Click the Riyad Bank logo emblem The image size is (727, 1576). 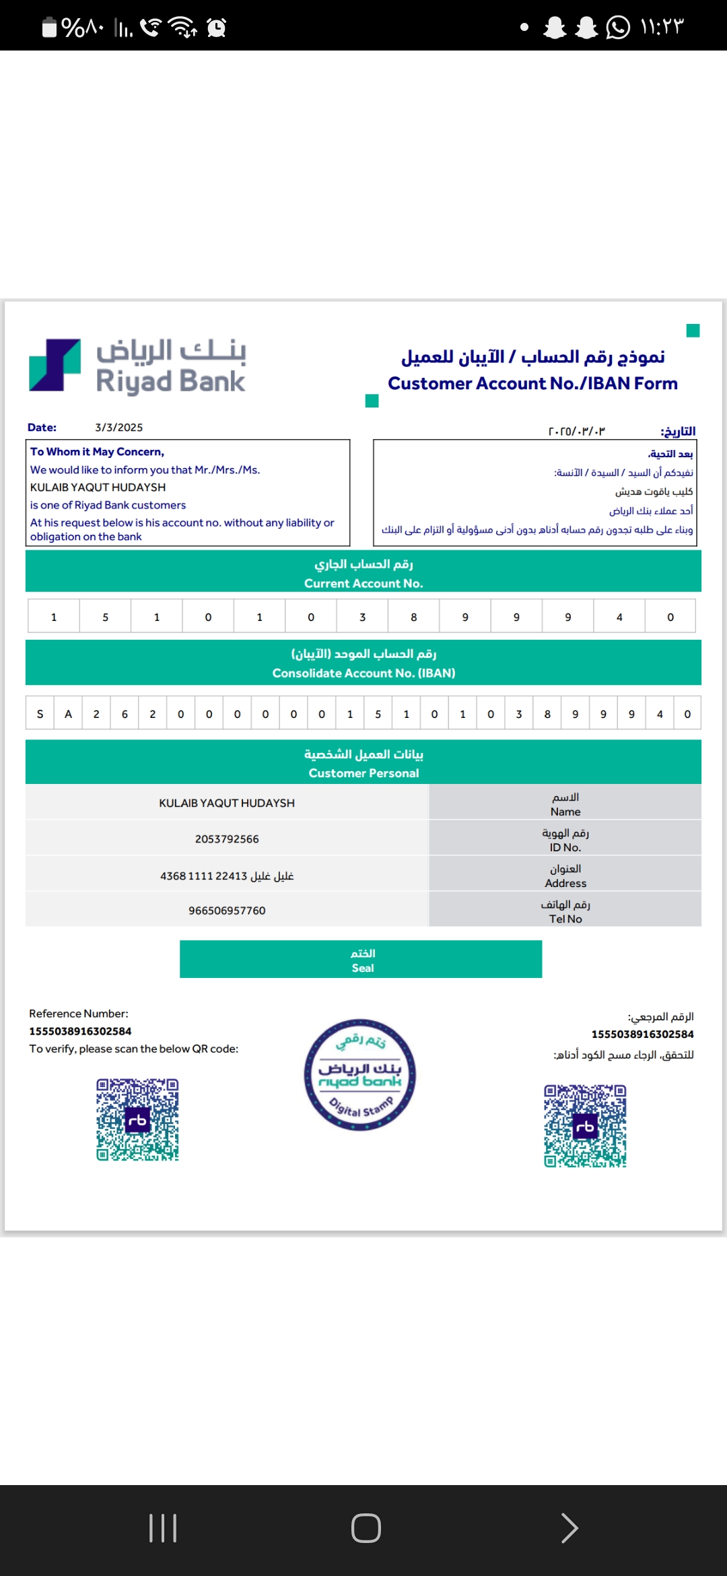tap(55, 365)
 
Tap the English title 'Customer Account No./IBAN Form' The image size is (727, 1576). tap(532, 383)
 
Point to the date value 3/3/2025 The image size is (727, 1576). tap(118, 428)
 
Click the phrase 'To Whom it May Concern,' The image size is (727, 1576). tap(97, 452)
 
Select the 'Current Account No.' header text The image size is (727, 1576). tap(363, 583)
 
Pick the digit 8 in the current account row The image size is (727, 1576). tap(414, 617)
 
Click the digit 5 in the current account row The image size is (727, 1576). tap(105, 617)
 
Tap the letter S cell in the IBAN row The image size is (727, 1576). tap(40, 714)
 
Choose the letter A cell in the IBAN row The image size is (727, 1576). tap(68, 714)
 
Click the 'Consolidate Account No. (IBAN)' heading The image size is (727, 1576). tap(363, 673)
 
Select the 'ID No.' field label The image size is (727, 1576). tap(565, 847)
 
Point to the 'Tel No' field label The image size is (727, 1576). tap(565, 919)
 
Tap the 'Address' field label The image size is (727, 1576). tap(565, 883)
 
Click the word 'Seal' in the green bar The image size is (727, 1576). tap(362, 968)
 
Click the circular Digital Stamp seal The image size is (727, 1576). tap(360, 1074)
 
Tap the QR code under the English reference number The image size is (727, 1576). tap(137, 1119)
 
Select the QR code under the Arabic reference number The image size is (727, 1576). tap(585, 1125)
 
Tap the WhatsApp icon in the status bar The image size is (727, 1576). tap(618, 27)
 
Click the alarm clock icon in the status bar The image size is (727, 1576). tap(217, 27)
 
